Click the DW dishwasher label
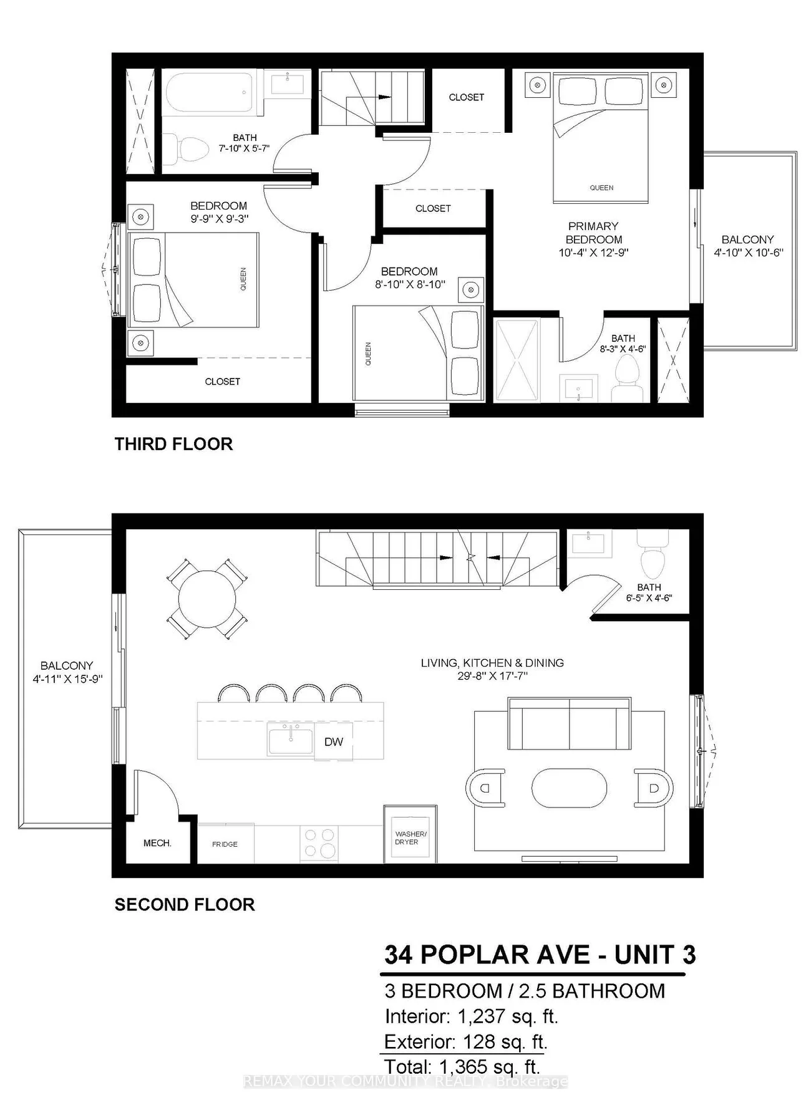pos(334,741)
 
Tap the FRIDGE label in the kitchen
pos(225,844)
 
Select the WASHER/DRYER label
pos(410,837)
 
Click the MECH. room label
pos(157,843)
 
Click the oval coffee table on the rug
pos(569,788)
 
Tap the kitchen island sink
pos(291,739)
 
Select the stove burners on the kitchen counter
pos(319,844)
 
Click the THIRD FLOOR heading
pos(173,444)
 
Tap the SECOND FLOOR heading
pos(185,905)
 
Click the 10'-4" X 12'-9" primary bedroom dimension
pos(593,253)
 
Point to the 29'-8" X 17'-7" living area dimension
pos(492,676)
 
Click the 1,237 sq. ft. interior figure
pos(508,1017)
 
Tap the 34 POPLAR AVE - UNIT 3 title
pos(540,955)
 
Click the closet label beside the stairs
pos(467,97)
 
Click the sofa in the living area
pos(569,724)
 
